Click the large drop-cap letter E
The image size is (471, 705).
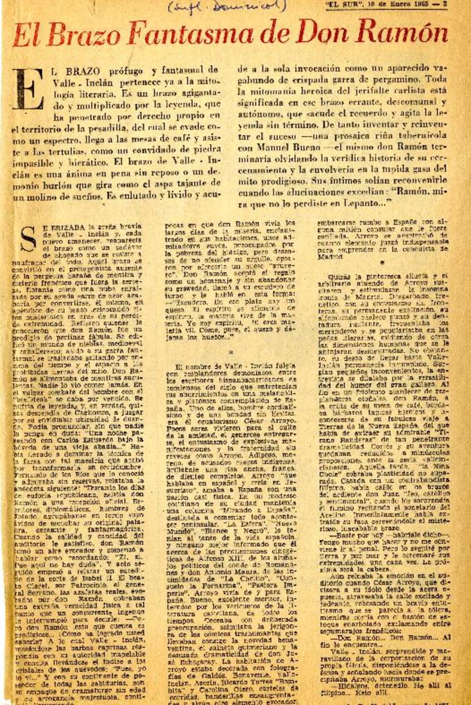26,88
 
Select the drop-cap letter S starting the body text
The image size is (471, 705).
27,236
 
